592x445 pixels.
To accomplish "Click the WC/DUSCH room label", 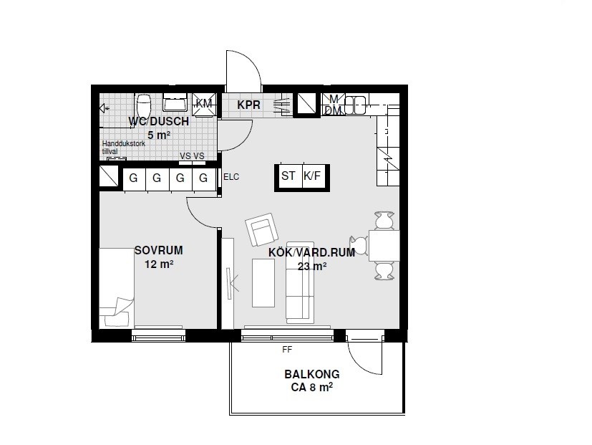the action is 159,121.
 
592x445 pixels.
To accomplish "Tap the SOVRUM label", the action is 159,250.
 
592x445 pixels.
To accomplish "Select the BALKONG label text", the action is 312,374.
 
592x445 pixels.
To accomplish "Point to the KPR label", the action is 248,105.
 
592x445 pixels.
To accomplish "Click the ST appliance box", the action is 288,176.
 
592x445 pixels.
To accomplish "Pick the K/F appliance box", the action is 314,176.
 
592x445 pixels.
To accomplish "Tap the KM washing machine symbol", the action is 204,104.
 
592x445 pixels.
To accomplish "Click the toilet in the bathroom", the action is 144,105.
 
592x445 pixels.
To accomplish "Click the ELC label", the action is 231,177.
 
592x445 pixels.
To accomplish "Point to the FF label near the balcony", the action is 287,350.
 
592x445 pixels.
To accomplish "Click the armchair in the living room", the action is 261,230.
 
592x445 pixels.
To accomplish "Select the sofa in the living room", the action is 300,283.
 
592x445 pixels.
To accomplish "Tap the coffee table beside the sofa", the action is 263,283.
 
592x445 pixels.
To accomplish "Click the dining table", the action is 384,246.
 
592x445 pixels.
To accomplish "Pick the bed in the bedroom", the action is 117,288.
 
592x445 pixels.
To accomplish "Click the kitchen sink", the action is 355,105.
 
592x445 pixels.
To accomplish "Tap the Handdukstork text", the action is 123,143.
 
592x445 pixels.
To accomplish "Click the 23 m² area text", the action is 312,266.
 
